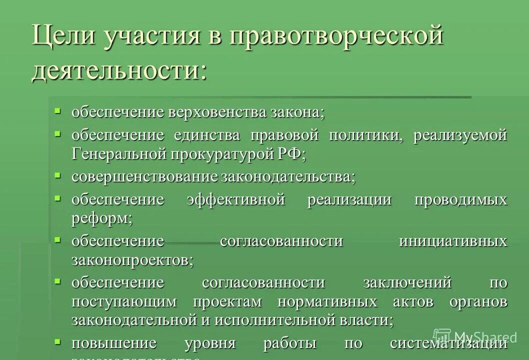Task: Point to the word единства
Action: [x=206, y=135]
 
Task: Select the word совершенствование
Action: [x=144, y=176]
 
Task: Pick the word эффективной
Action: [x=236, y=199]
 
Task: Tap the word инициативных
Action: [x=453, y=241]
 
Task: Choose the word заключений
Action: [x=407, y=282]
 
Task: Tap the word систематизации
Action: [x=448, y=343]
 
